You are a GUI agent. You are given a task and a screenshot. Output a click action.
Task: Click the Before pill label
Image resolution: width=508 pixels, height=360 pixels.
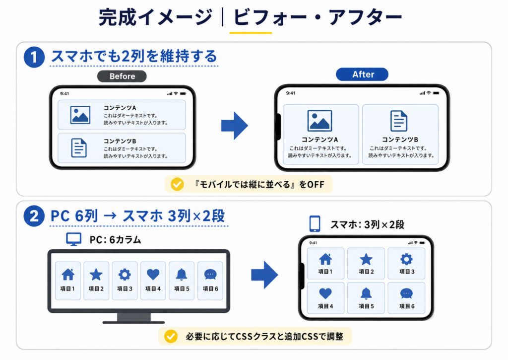pyautogui.click(x=122, y=76)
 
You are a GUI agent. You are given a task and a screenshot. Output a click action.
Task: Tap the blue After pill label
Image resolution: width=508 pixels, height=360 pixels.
pyautogui.click(x=362, y=74)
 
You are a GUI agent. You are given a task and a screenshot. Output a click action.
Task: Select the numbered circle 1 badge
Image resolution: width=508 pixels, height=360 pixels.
pyautogui.click(x=34, y=57)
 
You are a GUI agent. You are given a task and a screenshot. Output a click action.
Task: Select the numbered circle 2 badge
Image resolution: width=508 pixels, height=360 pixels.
pyautogui.click(x=34, y=216)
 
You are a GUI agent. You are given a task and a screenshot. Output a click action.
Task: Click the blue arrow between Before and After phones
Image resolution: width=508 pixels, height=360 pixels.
pyautogui.click(x=235, y=126)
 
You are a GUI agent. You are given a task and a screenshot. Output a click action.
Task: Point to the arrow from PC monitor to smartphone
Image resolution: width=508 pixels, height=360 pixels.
pyautogui.click(x=265, y=275)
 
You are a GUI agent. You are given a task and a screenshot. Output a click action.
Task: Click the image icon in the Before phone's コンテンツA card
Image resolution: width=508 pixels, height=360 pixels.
pyautogui.click(x=80, y=115)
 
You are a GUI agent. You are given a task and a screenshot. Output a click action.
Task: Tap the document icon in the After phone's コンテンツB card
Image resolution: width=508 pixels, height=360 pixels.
pyautogui.click(x=399, y=121)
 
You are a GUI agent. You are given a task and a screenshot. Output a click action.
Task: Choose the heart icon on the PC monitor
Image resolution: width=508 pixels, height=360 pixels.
pyautogui.click(x=153, y=275)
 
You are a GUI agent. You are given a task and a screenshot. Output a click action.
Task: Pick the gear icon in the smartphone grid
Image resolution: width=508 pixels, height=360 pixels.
pyautogui.click(x=406, y=259)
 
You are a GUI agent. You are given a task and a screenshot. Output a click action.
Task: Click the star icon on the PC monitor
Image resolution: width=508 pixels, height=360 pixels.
pyautogui.click(x=96, y=275)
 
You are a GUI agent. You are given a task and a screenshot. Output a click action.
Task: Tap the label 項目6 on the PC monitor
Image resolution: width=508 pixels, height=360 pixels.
pyautogui.click(x=210, y=288)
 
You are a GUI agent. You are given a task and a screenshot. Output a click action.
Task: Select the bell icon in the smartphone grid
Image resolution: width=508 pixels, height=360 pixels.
pyautogui.click(x=366, y=293)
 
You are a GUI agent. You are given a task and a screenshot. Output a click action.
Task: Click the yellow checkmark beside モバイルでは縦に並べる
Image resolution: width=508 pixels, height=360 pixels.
pyautogui.click(x=177, y=184)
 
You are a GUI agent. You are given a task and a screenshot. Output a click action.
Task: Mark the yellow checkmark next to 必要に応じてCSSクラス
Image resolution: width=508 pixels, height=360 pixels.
pyautogui.click(x=171, y=336)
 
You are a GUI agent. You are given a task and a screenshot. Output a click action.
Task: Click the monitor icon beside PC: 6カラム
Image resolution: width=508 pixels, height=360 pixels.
pyautogui.click(x=74, y=239)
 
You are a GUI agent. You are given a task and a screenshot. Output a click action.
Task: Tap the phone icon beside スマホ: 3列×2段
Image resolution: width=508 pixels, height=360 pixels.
pyautogui.click(x=315, y=224)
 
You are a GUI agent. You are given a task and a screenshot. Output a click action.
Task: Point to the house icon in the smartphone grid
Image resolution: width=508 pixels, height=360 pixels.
pyautogui.click(x=325, y=259)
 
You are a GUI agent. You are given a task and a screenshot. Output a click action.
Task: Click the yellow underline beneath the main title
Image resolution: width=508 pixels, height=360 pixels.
pyautogui.click(x=251, y=33)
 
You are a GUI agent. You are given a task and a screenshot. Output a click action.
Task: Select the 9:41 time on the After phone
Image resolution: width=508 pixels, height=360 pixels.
pyautogui.click(x=291, y=93)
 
